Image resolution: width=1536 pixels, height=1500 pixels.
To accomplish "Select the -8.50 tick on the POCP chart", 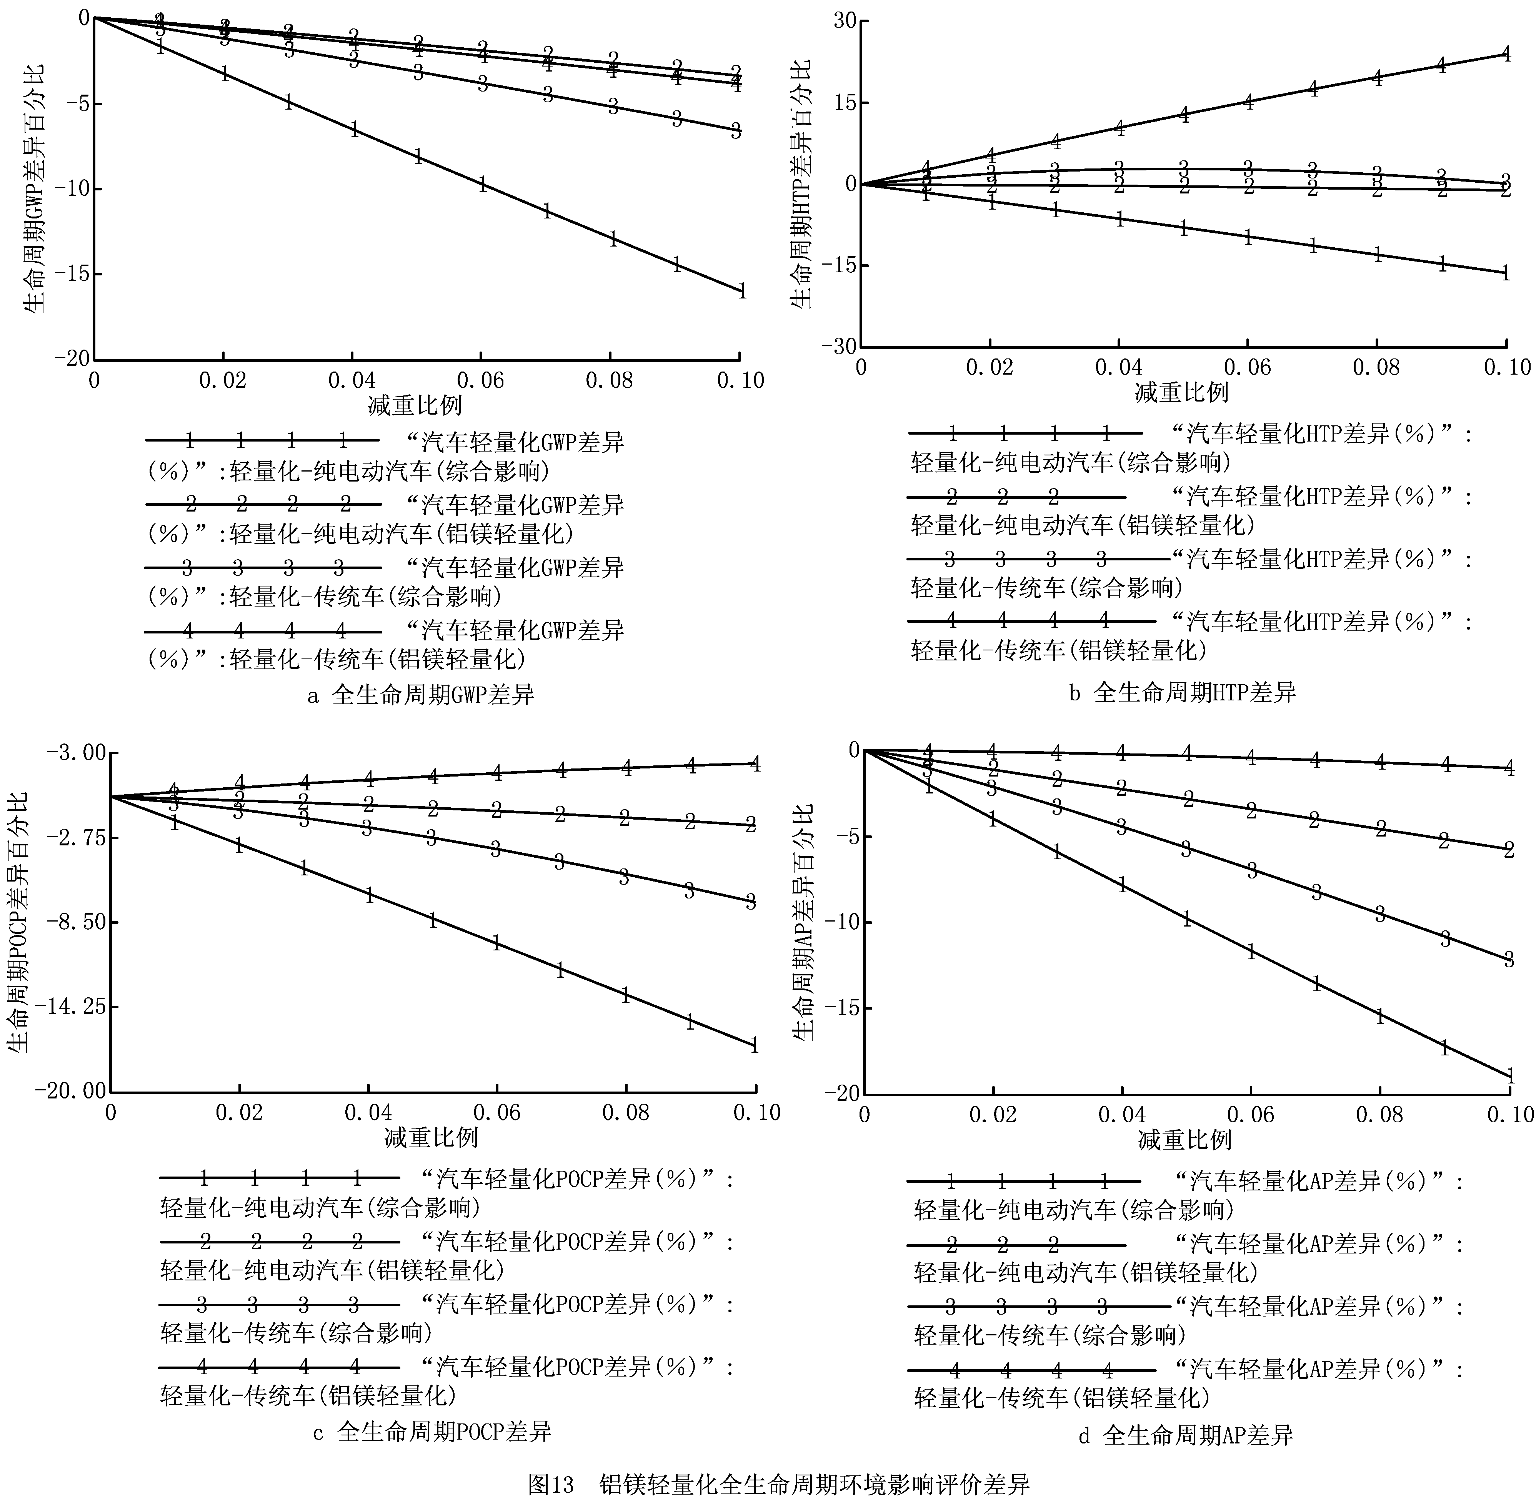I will [71, 923].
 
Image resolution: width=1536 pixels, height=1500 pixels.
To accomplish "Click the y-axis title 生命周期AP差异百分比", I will [803, 922].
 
